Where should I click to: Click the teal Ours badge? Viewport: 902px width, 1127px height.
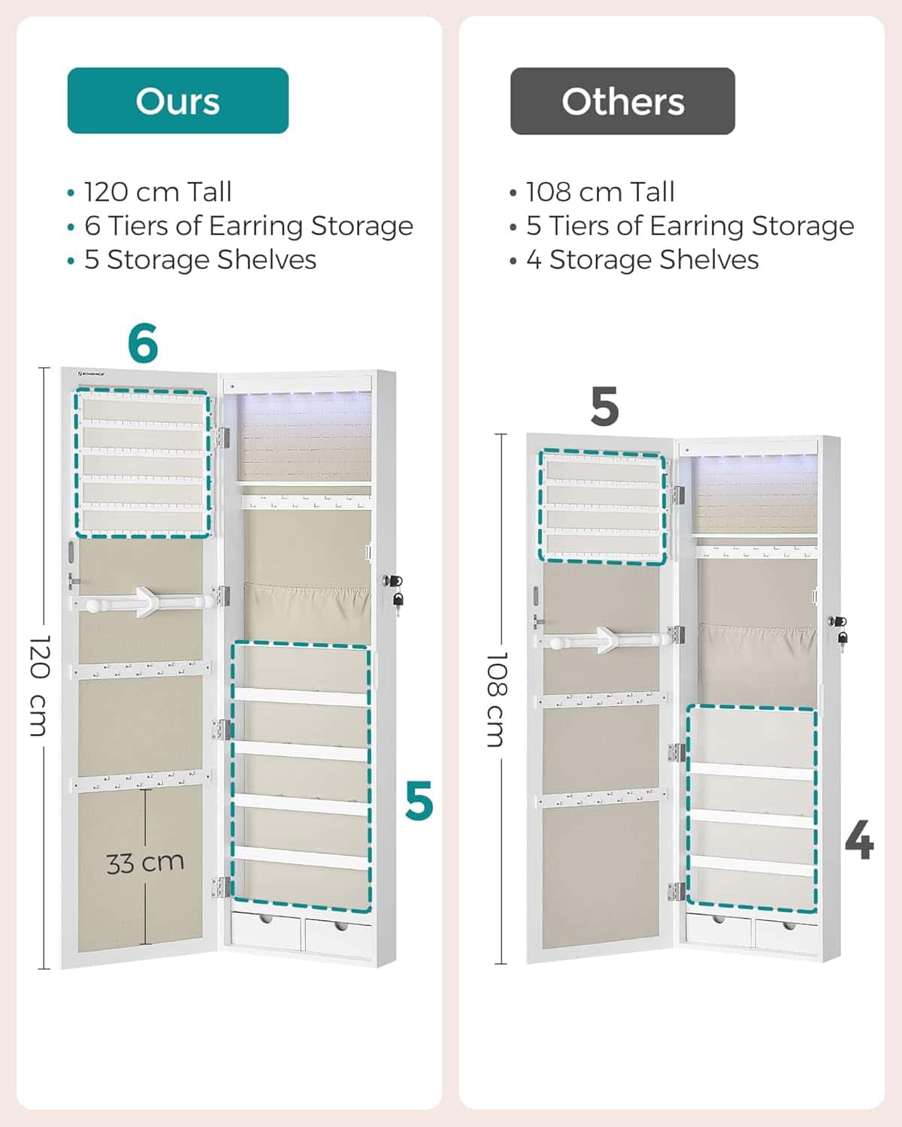[177, 101]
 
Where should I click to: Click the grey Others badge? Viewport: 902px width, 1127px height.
[622, 101]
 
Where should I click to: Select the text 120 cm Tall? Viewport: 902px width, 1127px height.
[158, 192]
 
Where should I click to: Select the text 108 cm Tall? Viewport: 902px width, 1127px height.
[600, 192]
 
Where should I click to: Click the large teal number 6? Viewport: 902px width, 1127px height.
[143, 343]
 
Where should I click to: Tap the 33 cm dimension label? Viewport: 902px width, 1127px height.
[145, 863]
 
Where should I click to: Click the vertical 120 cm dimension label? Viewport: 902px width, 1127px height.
[39, 685]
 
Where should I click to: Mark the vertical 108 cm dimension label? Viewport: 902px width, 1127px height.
[496, 699]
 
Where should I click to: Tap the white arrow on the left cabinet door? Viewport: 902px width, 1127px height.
[144, 603]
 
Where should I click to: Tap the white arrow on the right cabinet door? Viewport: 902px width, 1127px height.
[605, 639]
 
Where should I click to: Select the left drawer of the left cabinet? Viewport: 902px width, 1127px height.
[266, 931]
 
